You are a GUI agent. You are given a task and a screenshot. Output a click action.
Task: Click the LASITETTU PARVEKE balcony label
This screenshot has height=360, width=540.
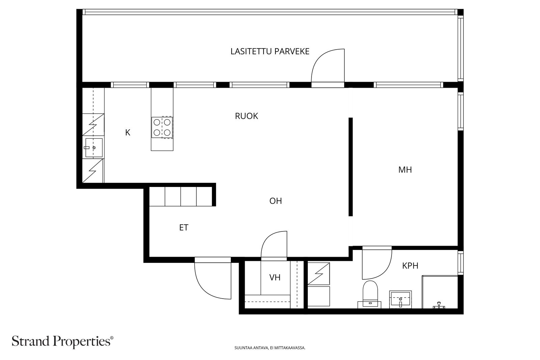(270, 51)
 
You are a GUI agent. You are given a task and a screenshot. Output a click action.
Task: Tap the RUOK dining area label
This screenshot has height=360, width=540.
(246, 116)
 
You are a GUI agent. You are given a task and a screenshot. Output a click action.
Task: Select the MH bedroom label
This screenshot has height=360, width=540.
(405, 170)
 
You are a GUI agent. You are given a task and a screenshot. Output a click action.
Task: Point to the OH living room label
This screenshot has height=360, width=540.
(275, 201)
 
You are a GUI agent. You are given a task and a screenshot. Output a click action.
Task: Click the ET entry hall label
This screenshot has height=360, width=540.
(184, 227)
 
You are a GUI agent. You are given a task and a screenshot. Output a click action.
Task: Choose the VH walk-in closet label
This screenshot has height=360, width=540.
(275, 278)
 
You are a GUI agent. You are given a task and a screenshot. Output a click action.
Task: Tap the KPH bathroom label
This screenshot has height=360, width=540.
(410, 266)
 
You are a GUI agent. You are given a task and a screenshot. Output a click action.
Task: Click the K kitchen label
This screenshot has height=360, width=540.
(128, 133)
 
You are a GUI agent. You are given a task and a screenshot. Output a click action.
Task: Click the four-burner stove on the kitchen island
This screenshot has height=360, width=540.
(162, 128)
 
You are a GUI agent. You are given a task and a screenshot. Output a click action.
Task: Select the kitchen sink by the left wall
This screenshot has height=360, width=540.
(93, 147)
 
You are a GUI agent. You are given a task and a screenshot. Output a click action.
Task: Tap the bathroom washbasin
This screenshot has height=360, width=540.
(400, 300)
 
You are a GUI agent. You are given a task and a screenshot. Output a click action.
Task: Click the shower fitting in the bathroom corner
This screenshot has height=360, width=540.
(439, 305)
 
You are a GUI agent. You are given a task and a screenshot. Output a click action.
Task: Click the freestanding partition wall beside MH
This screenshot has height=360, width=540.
(351, 167)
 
